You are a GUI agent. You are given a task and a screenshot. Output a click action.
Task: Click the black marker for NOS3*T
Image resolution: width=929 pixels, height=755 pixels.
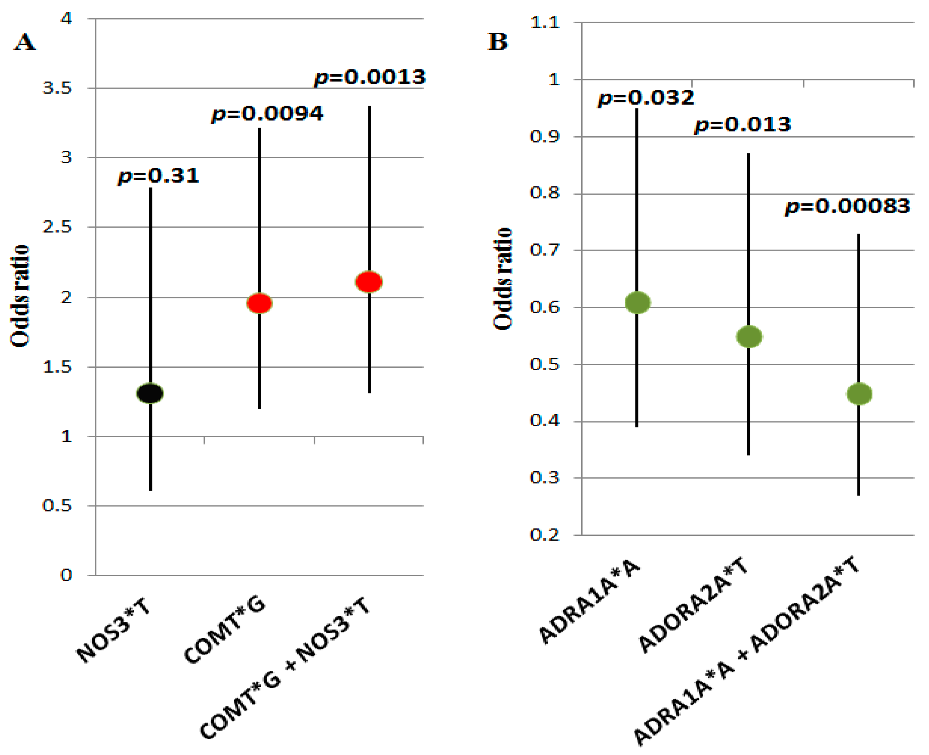(x=150, y=393)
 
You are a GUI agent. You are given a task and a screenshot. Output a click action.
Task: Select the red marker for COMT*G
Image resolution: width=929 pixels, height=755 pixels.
(x=260, y=303)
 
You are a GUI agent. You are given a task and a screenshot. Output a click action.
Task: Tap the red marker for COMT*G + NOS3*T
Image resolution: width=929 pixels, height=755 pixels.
(x=369, y=282)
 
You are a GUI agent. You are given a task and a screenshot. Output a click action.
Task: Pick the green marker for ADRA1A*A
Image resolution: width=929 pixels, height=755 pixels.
(x=637, y=302)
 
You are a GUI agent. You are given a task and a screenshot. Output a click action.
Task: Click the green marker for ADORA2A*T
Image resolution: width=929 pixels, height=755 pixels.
(x=749, y=337)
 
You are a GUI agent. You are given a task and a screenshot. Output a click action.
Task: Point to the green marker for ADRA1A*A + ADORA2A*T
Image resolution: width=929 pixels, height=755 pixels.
(x=859, y=394)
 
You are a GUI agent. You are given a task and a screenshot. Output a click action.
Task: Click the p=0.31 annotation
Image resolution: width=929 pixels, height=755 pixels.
(x=158, y=176)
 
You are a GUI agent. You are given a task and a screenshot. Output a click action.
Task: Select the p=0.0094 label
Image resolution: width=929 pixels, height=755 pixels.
(x=267, y=114)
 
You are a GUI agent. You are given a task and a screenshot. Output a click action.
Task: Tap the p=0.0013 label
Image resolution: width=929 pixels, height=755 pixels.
(x=369, y=77)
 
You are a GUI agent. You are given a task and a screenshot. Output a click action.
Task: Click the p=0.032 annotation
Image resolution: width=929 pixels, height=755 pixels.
(x=646, y=98)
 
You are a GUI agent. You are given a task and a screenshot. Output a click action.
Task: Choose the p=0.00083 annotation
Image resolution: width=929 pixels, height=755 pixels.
(x=847, y=206)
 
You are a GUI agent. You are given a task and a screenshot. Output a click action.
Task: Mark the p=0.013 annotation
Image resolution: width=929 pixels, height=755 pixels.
(x=743, y=125)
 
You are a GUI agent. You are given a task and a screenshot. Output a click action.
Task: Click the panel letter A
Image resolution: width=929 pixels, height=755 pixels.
(x=25, y=42)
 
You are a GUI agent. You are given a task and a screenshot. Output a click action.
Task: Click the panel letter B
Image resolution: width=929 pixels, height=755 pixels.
(x=497, y=42)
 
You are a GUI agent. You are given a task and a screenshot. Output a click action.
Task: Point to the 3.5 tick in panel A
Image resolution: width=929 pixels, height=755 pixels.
(x=57, y=88)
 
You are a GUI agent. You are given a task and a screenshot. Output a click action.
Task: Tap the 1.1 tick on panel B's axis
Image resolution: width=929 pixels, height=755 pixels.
(x=545, y=22)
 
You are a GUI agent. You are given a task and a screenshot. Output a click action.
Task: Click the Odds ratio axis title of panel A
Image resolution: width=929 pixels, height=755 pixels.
(x=20, y=296)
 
